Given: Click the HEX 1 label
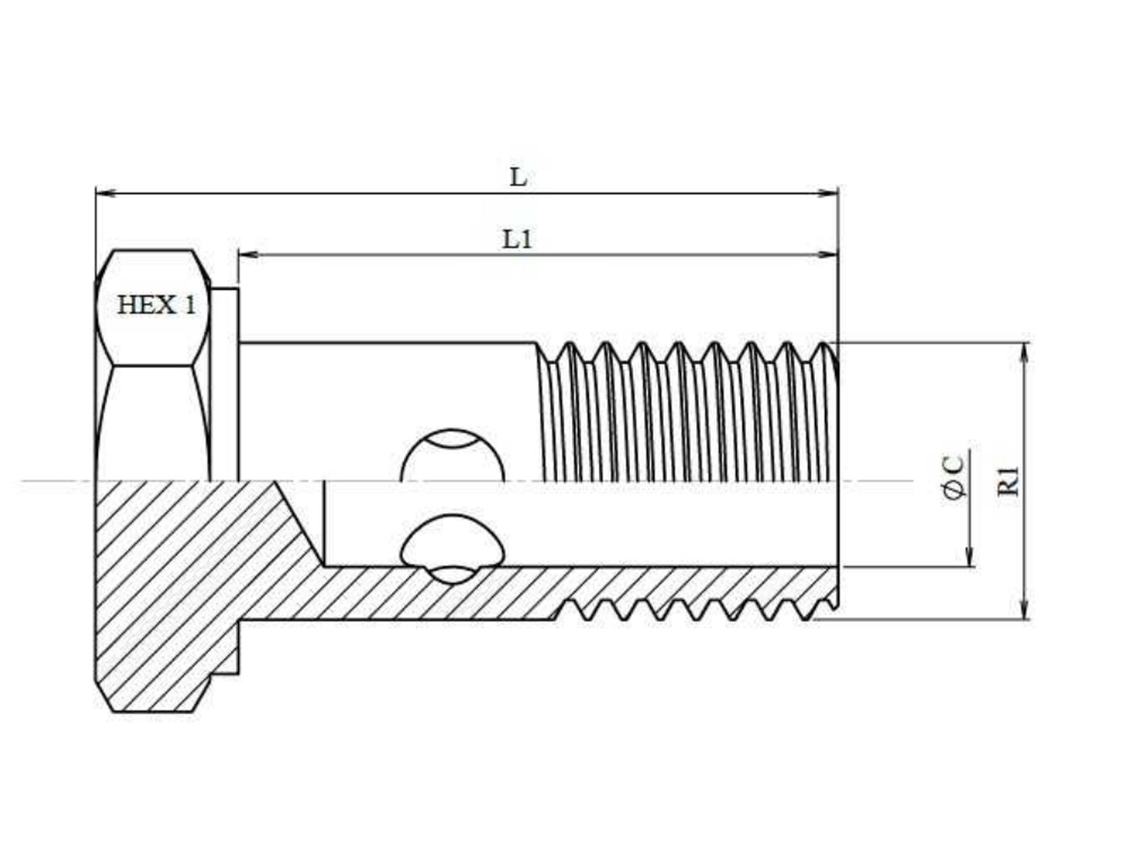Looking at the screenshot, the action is [157, 305].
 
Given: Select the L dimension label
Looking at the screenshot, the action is [518, 178].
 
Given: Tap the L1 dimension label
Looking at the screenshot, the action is [517, 240].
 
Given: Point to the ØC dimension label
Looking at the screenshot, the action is [953, 477].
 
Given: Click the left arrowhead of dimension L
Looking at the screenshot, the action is [106, 193].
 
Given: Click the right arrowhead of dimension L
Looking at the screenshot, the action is [827, 193].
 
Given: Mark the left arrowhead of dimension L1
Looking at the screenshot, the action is [249, 254].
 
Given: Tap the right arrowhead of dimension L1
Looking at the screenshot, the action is [827, 254].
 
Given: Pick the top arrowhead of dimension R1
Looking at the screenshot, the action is [1025, 353].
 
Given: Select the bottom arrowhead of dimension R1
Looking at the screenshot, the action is [1025, 608].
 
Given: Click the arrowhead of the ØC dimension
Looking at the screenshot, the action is [969, 556].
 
